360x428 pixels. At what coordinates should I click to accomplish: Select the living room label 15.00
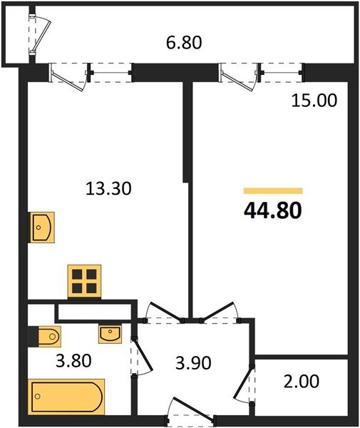click(313, 101)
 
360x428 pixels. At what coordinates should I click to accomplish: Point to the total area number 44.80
click(273, 211)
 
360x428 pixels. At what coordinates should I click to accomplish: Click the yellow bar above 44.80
click(273, 191)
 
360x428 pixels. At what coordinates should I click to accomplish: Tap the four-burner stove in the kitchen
click(84, 280)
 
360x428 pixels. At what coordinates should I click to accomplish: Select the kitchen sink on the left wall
click(40, 228)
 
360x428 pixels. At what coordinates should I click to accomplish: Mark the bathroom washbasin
click(110, 333)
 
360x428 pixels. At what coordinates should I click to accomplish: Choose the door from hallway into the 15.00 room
click(217, 312)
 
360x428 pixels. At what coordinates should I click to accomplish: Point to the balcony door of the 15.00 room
click(240, 76)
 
